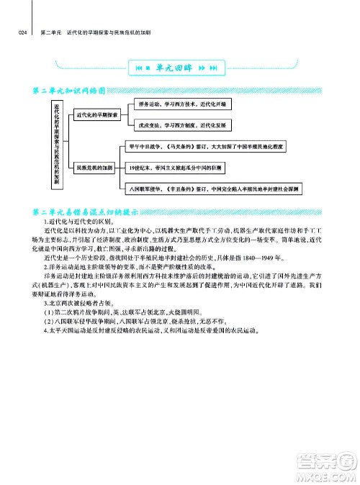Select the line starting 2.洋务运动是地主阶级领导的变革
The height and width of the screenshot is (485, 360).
click(x=127, y=266)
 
